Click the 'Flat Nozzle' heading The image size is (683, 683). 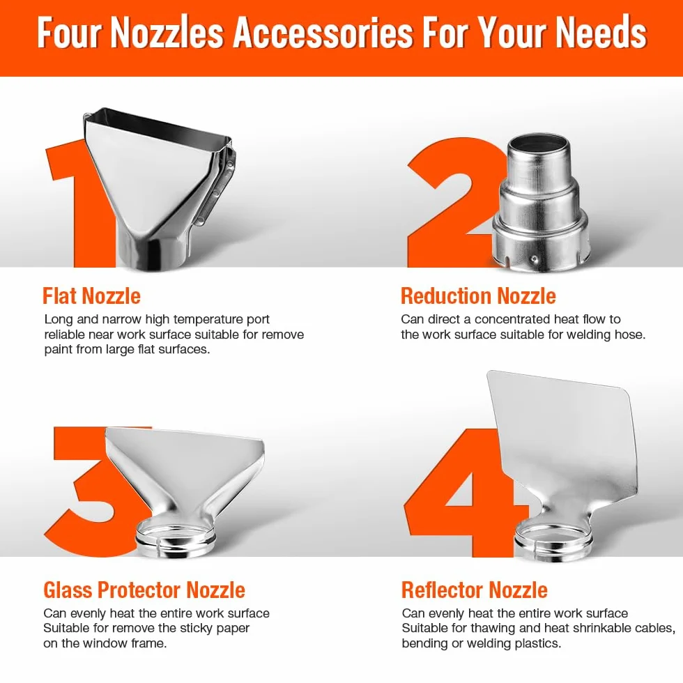click(x=91, y=296)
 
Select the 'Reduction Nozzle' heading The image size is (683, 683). click(x=478, y=296)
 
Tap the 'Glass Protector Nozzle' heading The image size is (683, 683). click(x=144, y=590)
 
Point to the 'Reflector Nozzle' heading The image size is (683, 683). click(x=475, y=590)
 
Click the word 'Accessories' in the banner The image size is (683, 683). click(x=323, y=33)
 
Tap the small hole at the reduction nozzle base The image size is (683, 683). click(x=534, y=260)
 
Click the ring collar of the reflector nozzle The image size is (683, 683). click(x=553, y=541)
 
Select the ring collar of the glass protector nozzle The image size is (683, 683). click(x=176, y=540)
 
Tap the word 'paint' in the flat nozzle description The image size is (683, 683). click(x=59, y=350)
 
